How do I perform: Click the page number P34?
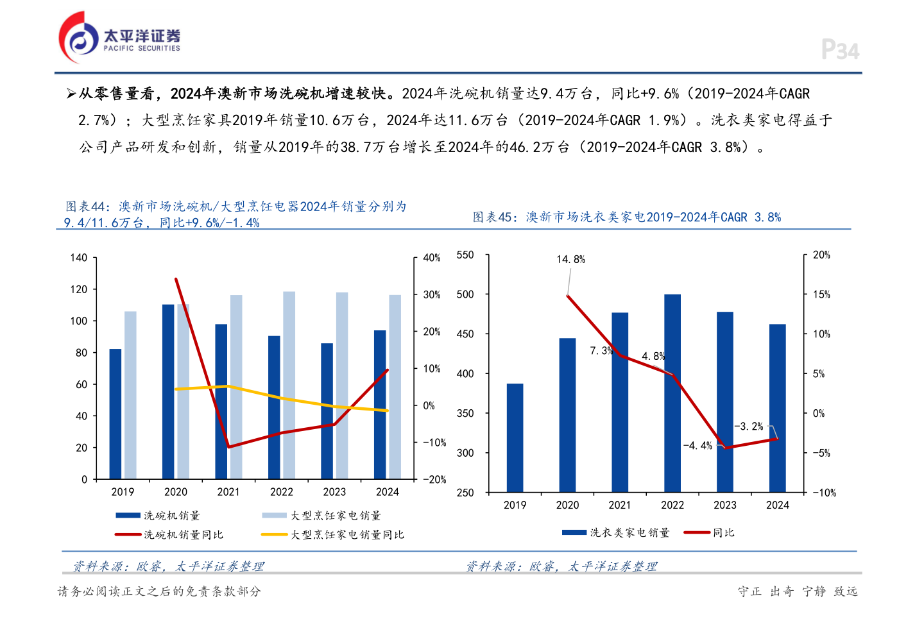click(x=840, y=50)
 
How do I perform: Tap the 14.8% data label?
click(x=570, y=259)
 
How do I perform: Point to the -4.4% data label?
click(x=697, y=445)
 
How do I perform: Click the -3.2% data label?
click(x=749, y=426)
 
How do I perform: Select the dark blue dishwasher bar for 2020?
click(x=168, y=391)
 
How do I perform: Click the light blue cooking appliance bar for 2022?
click(x=289, y=385)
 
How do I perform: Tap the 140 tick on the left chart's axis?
click(x=78, y=258)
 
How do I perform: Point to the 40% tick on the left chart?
click(x=432, y=258)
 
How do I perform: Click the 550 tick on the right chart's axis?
click(x=465, y=255)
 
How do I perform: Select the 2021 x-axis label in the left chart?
click(x=228, y=492)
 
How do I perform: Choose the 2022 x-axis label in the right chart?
click(x=672, y=505)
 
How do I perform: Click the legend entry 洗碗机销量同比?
click(x=183, y=534)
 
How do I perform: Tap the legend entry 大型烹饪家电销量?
click(x=335, y=515)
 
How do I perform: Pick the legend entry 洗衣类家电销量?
click(x=629, y=532)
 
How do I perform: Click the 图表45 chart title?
click(x=627, y=217)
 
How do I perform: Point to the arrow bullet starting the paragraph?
click(x=71, y=94)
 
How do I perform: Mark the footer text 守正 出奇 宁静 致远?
click(x=798, y=591)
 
